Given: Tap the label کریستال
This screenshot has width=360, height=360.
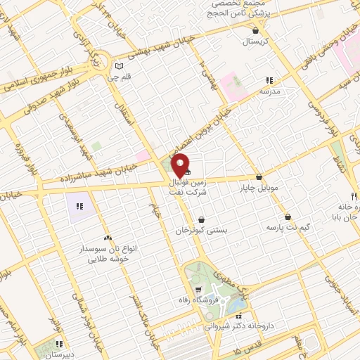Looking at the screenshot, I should click(256, 42).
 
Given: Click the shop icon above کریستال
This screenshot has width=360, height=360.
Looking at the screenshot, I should click(255, 31).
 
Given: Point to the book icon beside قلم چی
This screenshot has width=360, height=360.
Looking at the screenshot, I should click(118, 67).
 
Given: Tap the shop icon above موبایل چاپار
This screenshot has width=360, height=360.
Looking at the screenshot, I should click(259, 177).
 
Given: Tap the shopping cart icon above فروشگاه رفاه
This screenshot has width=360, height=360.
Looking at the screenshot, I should click(200, 289).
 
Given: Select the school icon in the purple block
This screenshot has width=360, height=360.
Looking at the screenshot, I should click(79, 207).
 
